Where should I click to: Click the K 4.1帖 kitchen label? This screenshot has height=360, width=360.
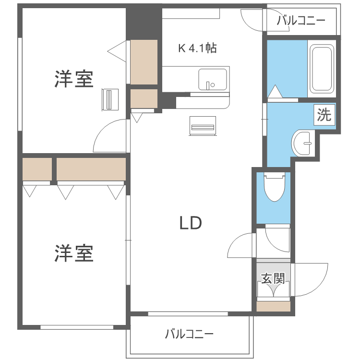197,48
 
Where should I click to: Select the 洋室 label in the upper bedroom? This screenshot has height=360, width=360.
73,79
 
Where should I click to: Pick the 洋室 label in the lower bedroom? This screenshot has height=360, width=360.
73,253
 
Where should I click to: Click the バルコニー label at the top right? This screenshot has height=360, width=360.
301,21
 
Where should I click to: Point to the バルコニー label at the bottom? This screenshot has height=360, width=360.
189,334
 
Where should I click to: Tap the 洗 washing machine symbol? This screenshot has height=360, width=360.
324,115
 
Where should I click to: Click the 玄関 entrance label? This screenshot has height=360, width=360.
273,278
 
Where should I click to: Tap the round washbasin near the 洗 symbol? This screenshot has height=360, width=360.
302,143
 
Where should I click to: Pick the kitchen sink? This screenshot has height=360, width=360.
212,79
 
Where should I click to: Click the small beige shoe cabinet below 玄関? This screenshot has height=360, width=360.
273,306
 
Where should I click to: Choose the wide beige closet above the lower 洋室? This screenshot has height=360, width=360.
91,169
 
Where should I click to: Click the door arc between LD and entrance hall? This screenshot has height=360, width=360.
241,246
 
